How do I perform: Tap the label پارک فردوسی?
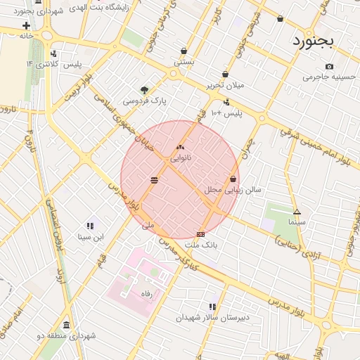coord(145,101)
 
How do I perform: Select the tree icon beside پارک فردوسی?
coord(145,90)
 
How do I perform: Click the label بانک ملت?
coord(202,245)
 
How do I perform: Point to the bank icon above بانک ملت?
coord(201,234)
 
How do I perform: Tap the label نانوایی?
coord(181,158)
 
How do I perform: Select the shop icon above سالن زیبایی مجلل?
coord(233,179)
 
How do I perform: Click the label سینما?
coord(297,221)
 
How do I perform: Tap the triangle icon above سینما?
coord(297,212)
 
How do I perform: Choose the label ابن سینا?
coord(90,237)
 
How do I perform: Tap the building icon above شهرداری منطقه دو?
coord(66,325)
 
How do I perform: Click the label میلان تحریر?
coord(225,84)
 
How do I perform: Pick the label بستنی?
coord(184,62)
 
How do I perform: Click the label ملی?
coord(148,226)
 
